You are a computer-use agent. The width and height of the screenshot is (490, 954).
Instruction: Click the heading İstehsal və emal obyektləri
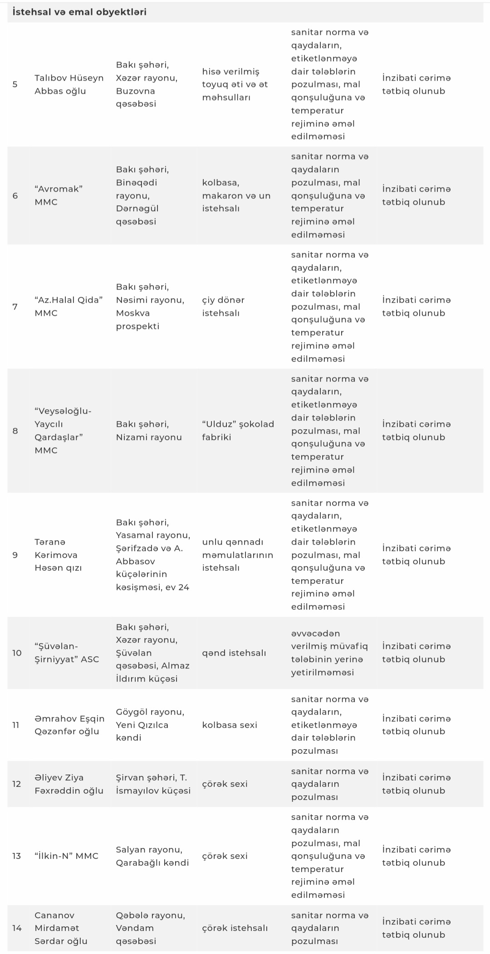pos(79,12)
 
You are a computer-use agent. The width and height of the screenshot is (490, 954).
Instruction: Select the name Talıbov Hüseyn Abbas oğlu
pos(69,84)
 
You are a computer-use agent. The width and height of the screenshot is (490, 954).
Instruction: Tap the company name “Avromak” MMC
pos(59,195)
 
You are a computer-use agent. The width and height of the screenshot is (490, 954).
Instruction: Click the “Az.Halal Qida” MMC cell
pos(69,306)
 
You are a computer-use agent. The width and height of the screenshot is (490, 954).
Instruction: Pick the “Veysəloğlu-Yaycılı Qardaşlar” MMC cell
pos(63,431)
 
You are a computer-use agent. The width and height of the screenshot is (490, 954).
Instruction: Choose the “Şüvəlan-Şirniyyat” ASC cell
pos(67,653)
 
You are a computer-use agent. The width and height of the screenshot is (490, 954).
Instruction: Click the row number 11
pos(16,725)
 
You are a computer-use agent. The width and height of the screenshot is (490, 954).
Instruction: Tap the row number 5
pos(15,84)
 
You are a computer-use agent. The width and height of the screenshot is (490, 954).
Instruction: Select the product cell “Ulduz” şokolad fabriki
pos(238,431)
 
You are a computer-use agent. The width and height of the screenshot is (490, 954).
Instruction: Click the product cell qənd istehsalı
pos(234,653)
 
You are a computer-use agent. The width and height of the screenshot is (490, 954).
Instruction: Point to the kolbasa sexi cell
pos(230,725)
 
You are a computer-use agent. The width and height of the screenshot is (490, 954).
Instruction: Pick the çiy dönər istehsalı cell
pos(223,306)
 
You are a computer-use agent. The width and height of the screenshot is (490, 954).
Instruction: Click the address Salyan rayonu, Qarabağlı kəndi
pos(152,856)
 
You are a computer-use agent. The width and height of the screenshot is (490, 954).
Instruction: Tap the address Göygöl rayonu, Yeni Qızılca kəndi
pos(150,725)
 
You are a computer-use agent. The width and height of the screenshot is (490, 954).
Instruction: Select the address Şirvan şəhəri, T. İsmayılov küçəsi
pos(153,784)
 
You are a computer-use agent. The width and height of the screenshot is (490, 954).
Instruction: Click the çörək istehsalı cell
pos(235,928)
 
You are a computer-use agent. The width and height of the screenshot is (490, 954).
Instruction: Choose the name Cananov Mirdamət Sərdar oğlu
pos(61,928)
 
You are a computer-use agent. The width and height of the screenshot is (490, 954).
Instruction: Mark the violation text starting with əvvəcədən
pos(329,653)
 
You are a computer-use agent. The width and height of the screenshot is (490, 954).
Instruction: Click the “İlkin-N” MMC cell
pos(66,856)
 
